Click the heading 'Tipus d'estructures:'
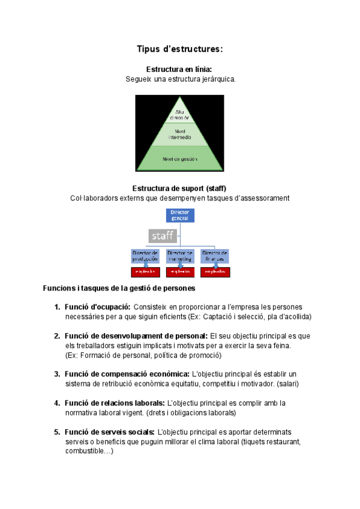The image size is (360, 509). click(x=179, y=49)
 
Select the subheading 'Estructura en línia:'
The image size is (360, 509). click(x=179, y=70)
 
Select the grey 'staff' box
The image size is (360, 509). click(x=162, y=235)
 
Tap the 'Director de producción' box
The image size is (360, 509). click(x=145, y=256)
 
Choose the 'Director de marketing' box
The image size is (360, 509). click(x=179, y=256)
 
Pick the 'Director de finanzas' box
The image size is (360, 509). click(x=214, y=256)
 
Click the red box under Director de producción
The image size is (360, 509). click(x=145, y=272)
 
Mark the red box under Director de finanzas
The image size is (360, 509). click(x=214, y=272)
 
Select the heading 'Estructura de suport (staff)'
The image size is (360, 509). click(x=179, y=188)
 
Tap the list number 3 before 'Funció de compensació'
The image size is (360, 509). click(x=56, y=374)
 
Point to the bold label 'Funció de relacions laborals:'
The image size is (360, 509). click(x=115, y=403)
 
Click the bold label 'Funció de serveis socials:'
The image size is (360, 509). click(x=110, y=432)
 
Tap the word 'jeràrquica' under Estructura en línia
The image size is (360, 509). click(x=214, y=79)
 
